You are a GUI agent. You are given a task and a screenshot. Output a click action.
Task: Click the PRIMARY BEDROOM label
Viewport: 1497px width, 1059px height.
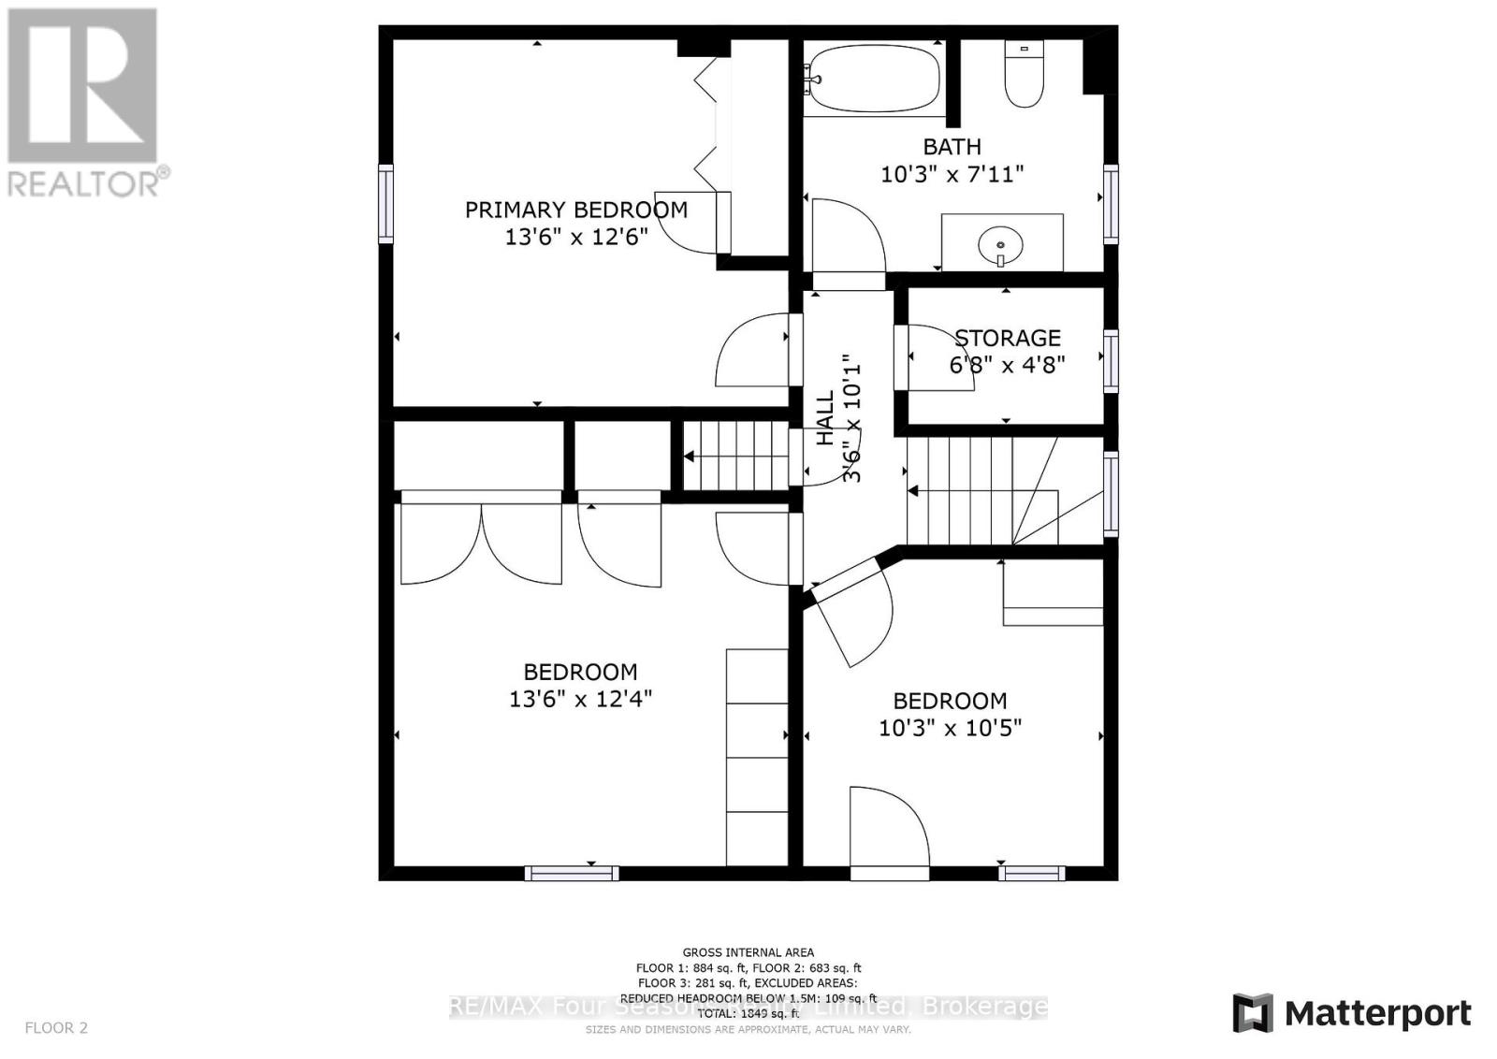tap(575, 210)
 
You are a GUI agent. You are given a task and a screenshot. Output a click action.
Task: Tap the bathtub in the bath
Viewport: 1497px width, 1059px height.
tap(872, 79)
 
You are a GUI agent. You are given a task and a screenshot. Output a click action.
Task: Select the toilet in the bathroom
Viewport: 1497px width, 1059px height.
tap(1024, 75)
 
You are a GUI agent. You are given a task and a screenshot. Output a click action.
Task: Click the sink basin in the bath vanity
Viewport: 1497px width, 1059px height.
tap(1000, 246)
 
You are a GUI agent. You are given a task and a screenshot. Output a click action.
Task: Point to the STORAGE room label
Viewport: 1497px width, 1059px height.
tap(1007, 338)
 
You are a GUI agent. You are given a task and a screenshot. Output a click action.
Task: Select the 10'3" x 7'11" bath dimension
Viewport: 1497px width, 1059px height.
tap(952, 174)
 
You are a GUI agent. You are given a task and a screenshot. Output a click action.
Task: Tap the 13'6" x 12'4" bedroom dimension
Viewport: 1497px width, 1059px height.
tap(580, 699)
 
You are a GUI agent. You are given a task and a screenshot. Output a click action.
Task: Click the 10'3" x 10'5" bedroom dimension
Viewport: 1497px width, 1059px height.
tap(950, 728)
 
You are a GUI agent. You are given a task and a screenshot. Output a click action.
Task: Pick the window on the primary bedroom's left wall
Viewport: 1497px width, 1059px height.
tap(385, 203)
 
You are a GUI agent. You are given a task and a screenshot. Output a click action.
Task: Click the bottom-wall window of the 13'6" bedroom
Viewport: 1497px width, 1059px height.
tap(571, 873)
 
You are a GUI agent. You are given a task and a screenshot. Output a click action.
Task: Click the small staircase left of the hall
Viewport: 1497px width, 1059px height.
tap(736, 456)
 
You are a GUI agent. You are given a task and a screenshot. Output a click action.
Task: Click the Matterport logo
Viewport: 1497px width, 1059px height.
tap(1351, 1013)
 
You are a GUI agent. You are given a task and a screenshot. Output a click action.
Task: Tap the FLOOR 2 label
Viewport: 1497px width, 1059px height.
tap(56, 1028)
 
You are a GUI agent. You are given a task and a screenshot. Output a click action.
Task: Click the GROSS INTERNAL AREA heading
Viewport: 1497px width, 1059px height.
tap(748, 952)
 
